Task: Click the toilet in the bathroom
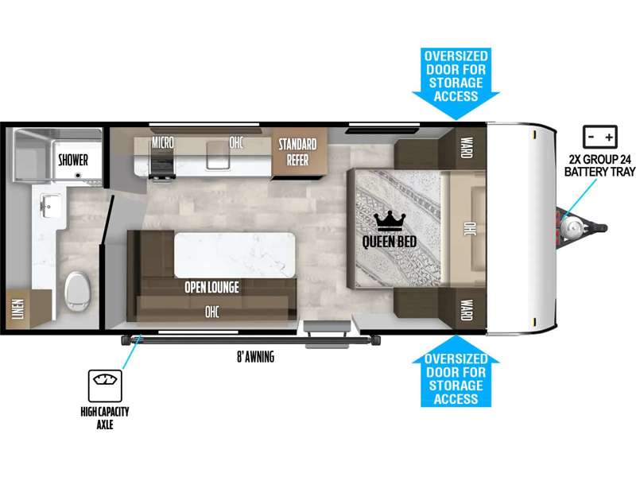77,291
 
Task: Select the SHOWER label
73,160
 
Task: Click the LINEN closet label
17,309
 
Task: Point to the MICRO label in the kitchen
163,142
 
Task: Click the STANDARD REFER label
297,152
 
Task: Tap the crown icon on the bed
390,221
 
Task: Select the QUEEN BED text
389,242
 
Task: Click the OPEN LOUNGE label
211,287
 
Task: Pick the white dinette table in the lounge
235,255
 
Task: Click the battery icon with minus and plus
600,137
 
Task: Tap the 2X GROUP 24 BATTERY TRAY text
600,165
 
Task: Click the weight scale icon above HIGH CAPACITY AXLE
105,386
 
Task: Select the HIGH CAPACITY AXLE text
105,418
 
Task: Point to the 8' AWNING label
255,357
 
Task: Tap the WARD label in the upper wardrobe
467,148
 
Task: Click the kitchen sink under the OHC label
218,155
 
